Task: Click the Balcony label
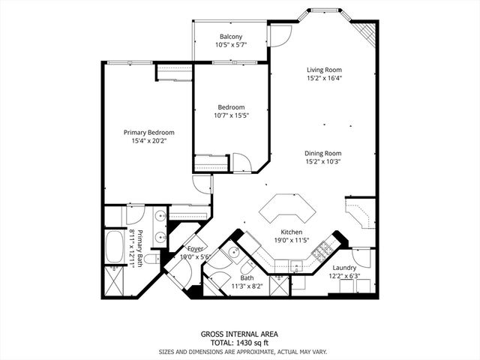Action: [230, 37]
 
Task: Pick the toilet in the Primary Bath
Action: [150, 259]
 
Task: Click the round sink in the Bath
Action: [233, 252]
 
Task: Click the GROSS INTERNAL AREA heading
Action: [239, 334]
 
